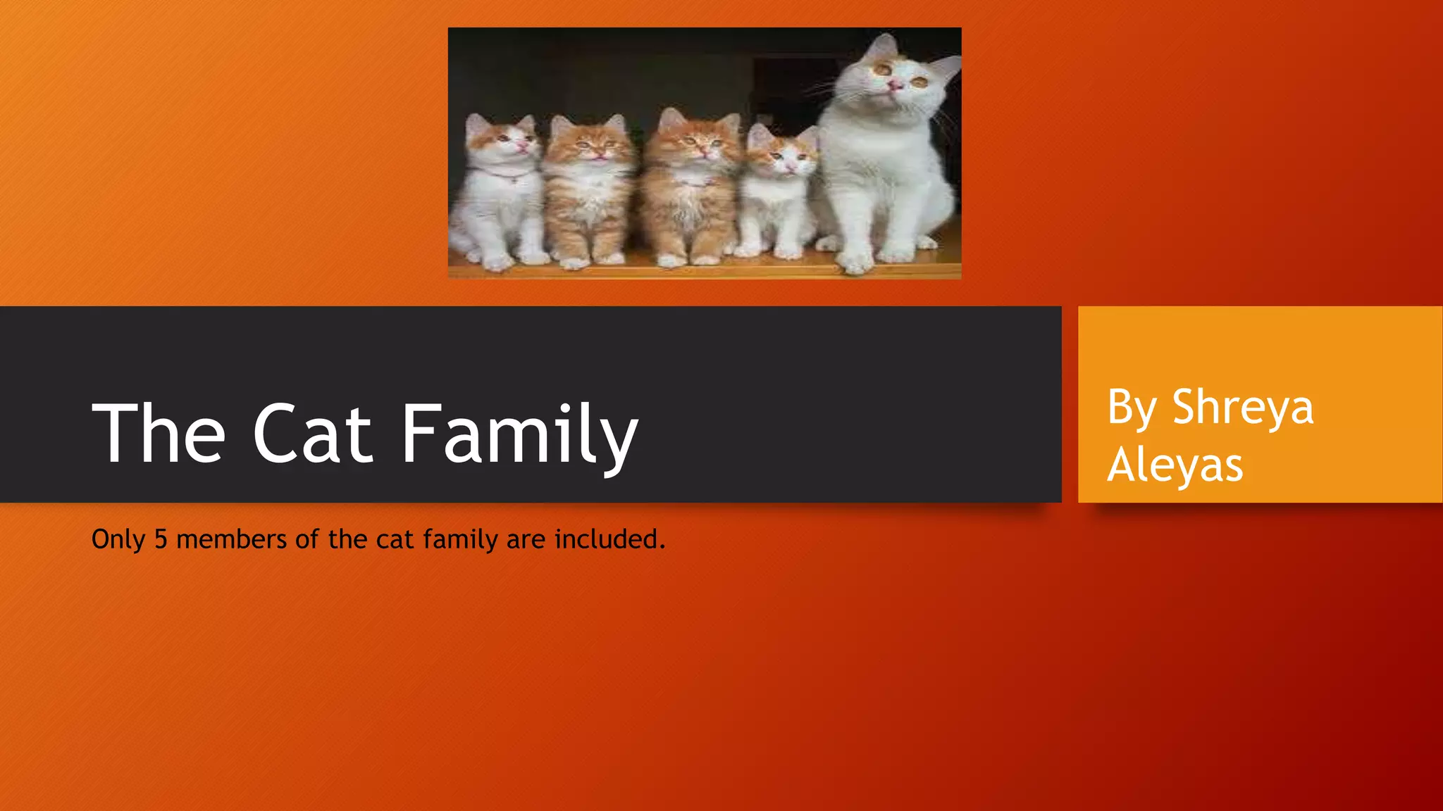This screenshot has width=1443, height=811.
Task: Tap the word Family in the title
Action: point(519,435)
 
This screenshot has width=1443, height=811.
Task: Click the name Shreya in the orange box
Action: point(1242,408)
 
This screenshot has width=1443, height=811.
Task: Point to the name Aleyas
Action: point(1175,465)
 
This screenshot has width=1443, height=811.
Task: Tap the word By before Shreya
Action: point(1132,408)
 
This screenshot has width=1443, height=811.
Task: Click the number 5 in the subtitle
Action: point(161,539)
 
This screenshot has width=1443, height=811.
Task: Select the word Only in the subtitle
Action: point(118,539)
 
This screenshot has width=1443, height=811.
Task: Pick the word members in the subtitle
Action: point(232,539)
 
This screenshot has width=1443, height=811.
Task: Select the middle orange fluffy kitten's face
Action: point(693,144)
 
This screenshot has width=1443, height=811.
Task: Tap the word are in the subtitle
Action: point(526,539)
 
